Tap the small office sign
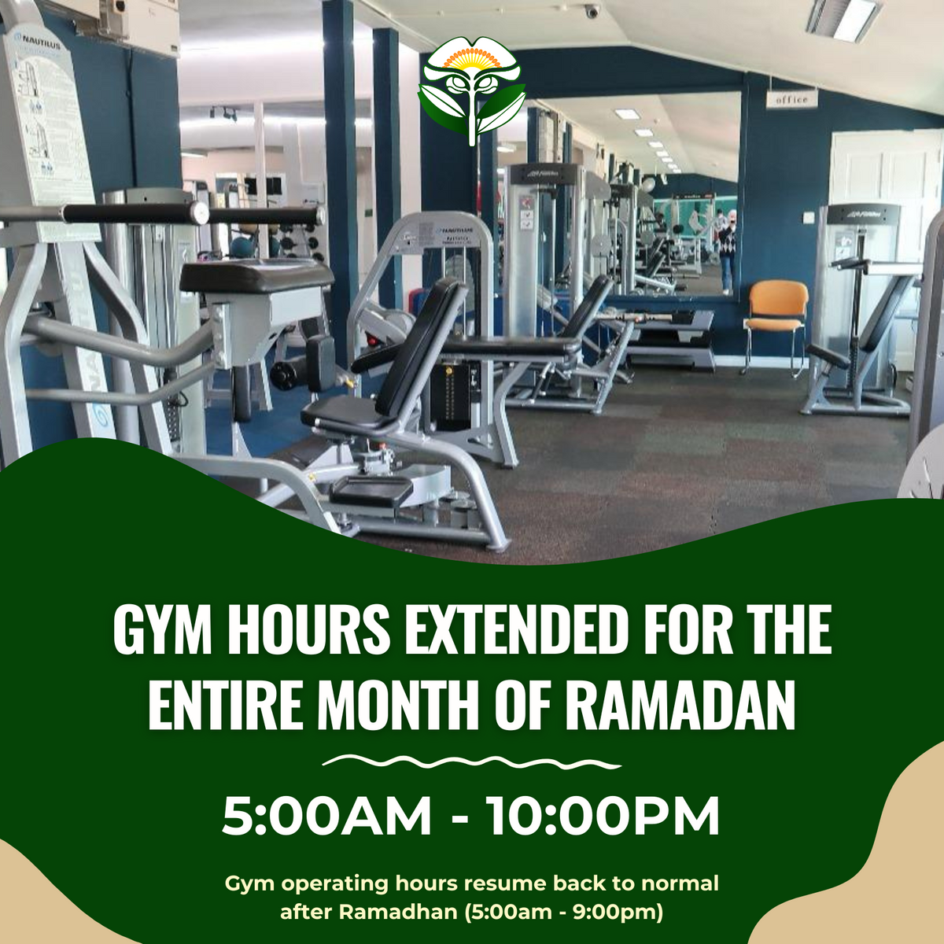791,100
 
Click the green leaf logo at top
471,90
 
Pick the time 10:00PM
603,816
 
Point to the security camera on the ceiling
591,10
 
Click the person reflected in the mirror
728,248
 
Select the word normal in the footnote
680,883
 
